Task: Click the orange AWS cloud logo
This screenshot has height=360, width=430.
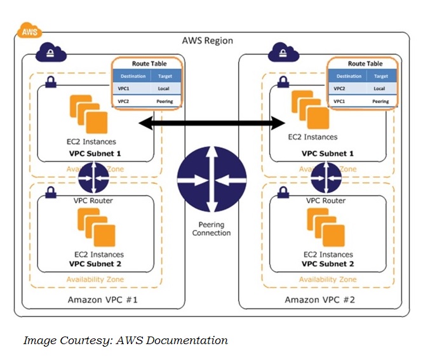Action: click(29, 31)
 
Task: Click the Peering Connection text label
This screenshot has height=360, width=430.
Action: click(212, 229)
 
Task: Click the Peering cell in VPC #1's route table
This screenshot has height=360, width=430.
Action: click(165, 101)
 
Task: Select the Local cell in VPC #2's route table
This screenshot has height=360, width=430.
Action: click(379, 89)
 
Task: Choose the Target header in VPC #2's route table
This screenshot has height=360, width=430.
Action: click(379, 76)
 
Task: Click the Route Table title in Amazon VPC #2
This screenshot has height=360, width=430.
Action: click(365, 63)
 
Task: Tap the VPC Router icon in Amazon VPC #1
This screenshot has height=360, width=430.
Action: click(94, 177)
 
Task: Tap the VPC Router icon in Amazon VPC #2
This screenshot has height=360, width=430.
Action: click(325, 177)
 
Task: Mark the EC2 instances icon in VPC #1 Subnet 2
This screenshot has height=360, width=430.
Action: click(95, 227)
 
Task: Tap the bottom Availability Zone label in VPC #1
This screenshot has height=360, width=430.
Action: click(95, 279)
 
